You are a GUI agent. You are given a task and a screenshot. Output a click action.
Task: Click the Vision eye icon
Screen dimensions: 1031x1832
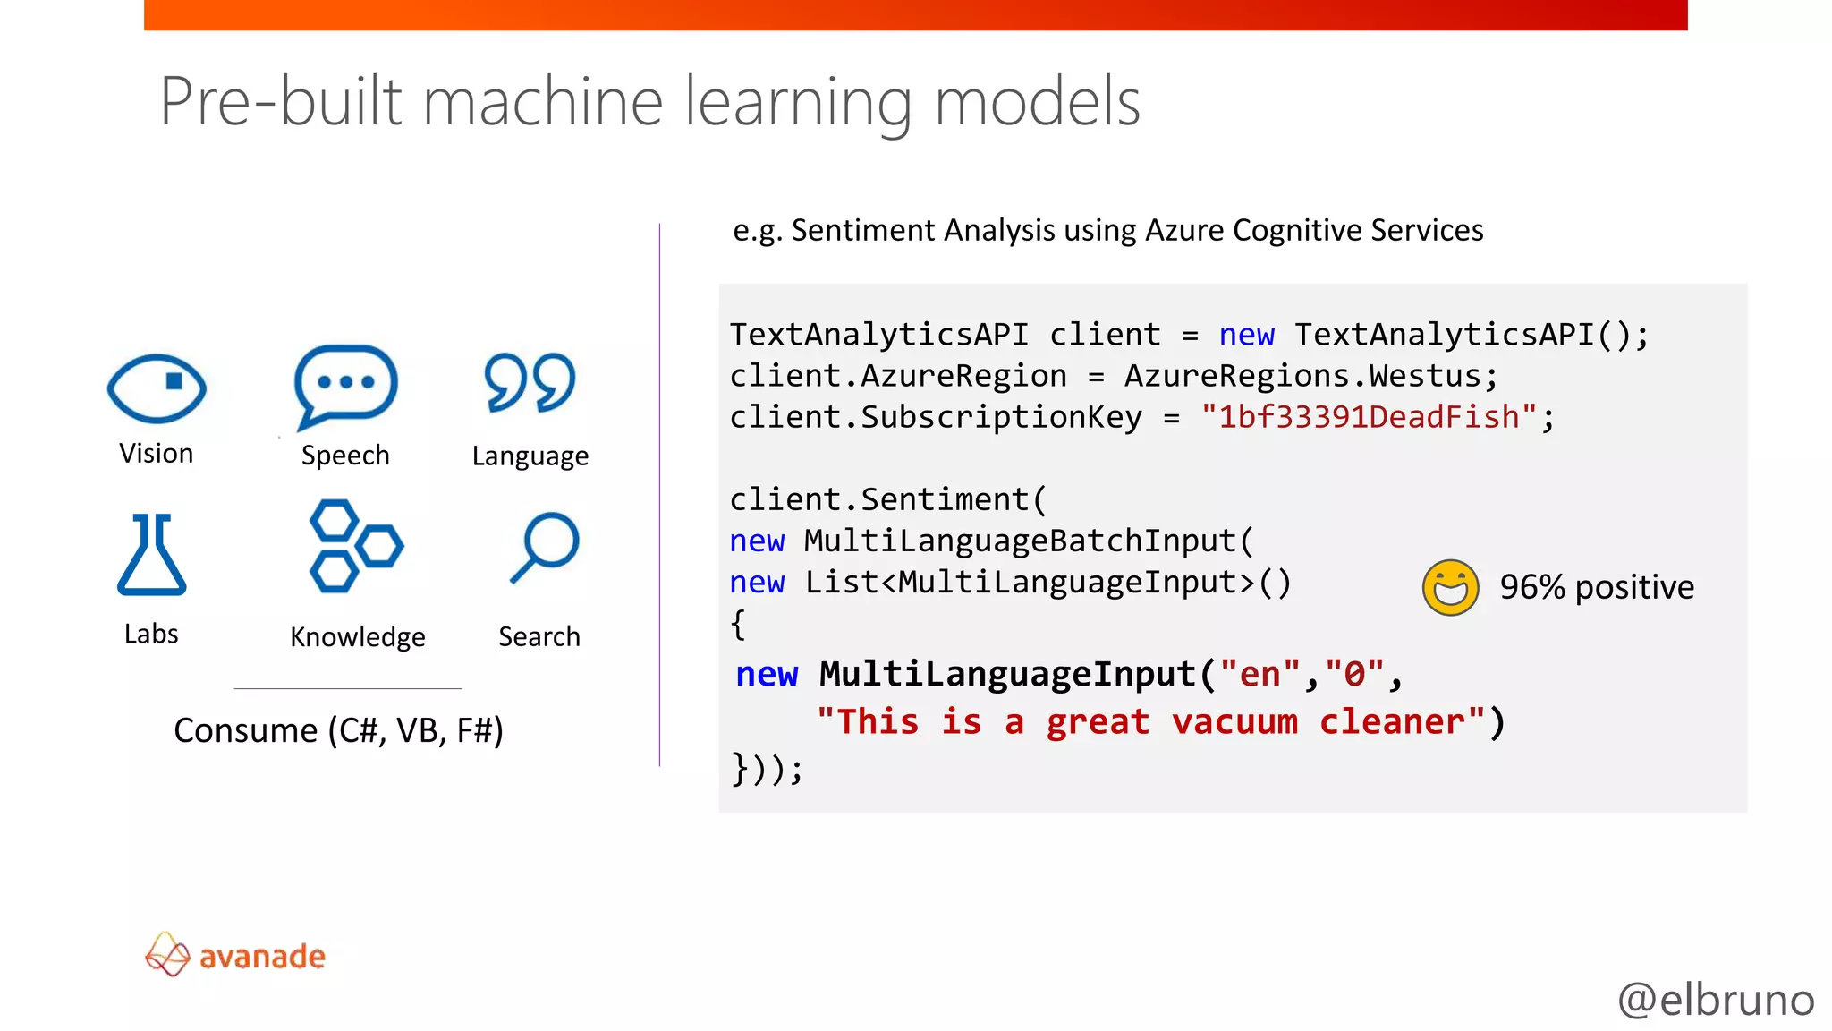[x=157, y=388]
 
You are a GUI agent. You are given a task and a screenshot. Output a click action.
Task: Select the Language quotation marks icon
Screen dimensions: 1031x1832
[x=530, y=383]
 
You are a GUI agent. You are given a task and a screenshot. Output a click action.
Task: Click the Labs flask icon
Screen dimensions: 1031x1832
[x=151, y=555]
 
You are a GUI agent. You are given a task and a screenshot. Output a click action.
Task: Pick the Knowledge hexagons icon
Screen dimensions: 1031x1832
[x=355, y=546]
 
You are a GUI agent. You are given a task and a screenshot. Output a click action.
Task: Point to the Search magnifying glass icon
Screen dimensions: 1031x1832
[x=546, y=546]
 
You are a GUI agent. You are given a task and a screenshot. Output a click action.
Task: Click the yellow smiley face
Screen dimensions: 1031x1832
[x=1450, y=588]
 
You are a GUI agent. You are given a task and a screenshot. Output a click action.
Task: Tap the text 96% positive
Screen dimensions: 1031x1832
[x=1597, y=588]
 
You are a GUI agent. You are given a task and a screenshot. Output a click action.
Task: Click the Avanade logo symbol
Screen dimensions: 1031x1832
[x=167, y=954]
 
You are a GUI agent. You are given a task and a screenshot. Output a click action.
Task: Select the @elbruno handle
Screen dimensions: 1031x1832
[x=1716, y=1000]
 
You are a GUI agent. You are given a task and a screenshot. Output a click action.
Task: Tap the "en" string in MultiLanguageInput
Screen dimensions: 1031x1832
[x=1259, y=674]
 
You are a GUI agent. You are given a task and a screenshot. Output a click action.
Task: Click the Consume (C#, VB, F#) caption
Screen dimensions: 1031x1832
[x=338, y=730]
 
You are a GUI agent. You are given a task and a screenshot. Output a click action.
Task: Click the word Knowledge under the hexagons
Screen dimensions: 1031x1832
[x=358, y=637]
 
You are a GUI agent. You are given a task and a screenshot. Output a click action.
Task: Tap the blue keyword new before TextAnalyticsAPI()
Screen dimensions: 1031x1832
[x=1246, y=335]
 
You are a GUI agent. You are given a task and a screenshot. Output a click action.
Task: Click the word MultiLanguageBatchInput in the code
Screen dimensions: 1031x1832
[x=1020, y=541]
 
